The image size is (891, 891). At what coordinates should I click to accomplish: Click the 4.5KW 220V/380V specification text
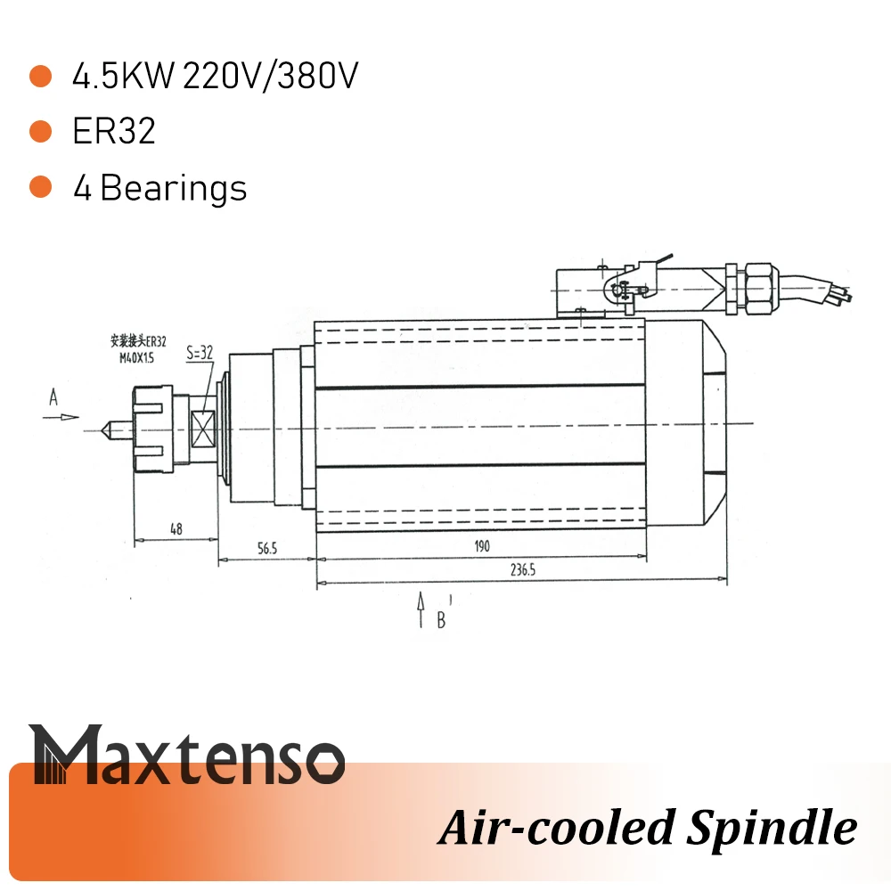[x=216, y=78]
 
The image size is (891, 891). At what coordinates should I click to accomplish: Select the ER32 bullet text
[x=114, y=132]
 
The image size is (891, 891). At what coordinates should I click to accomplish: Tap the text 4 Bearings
[x=160, y=188]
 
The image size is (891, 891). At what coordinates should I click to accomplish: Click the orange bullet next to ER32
[x=40, y=132]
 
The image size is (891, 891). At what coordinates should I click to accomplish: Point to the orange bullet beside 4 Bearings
[x=40, y=188]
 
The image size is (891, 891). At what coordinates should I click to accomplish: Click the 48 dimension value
[x=176, y=529]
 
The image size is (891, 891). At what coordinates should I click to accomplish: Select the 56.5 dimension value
[x=267, y=549]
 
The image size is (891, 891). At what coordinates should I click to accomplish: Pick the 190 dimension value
[x=481, y=546]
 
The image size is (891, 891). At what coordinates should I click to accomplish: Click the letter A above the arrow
[x=53, y=399]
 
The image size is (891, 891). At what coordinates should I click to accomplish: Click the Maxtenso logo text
[x=187, y=755]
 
